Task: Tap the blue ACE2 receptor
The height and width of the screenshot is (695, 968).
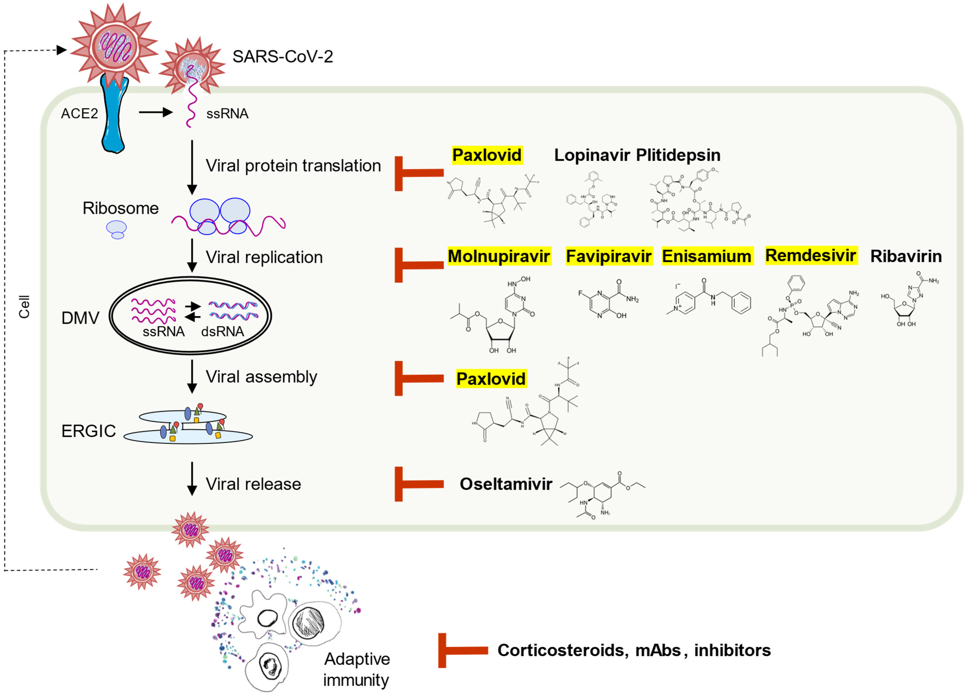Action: [114, 115]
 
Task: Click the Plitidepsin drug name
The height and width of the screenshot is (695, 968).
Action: [678, 155]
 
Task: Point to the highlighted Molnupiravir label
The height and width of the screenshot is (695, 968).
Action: [499, 256]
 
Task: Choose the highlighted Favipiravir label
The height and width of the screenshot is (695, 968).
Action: [609, 256]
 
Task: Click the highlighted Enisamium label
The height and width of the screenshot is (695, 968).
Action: [707, 256]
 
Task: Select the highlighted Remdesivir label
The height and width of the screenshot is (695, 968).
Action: [810, 255]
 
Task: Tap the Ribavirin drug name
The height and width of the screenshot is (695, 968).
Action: [906, 256]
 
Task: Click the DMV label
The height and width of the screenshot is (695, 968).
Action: [80, 318]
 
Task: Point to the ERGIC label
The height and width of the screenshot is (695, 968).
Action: [88, 431]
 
